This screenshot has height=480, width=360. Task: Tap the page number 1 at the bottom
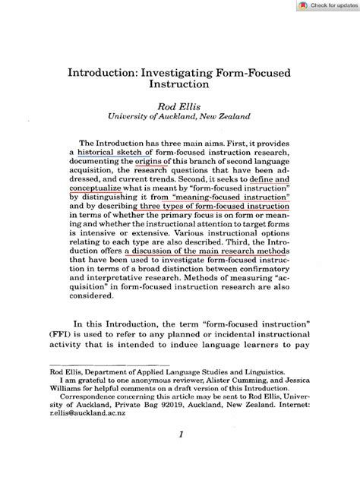click(181, 456)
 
